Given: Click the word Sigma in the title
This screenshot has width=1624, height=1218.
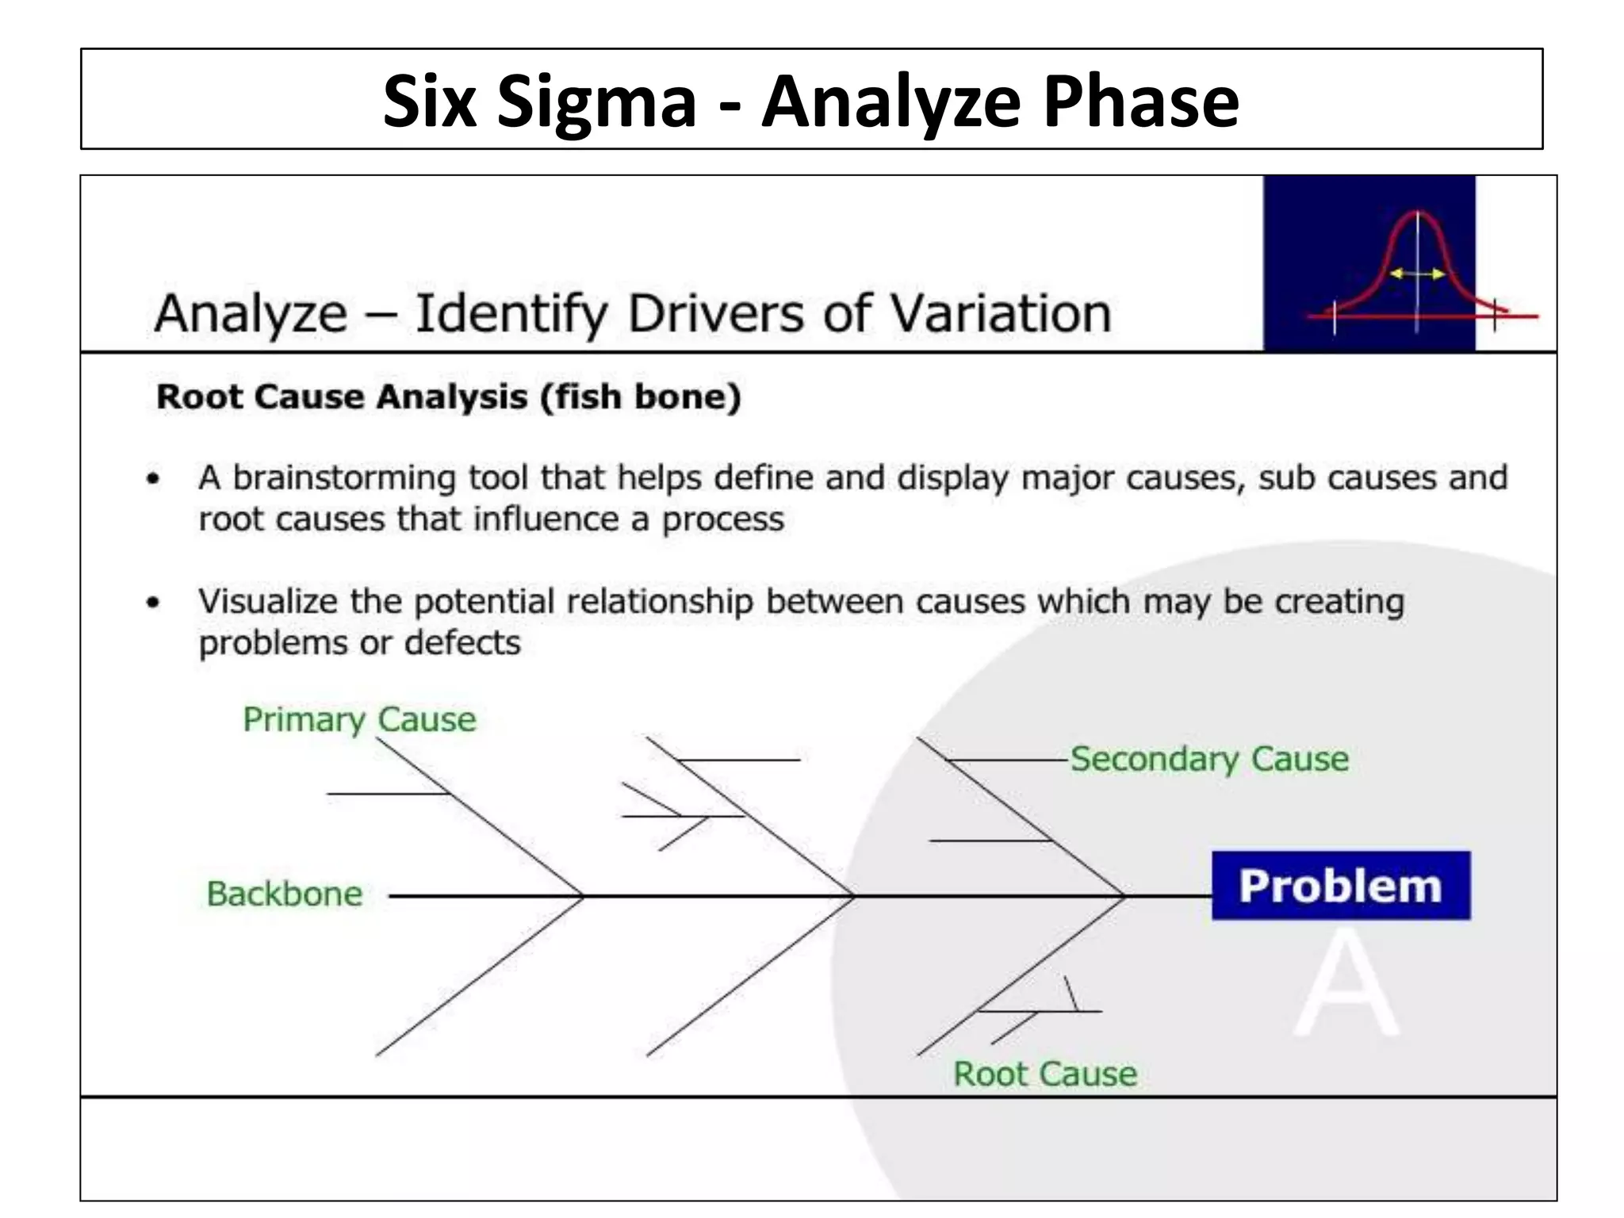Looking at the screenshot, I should point(596,101).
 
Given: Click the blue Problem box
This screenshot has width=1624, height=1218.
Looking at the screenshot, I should point(1341,886).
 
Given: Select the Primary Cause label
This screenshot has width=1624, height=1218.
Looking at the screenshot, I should point(359,719).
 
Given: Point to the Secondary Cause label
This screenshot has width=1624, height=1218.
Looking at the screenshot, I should point(1209,759).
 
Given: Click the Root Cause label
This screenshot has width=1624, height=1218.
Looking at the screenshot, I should point(1045,1074).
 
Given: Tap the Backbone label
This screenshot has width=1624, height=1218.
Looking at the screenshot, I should point(285,894).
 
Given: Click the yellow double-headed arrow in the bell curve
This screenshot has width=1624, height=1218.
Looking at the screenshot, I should point(1417,274).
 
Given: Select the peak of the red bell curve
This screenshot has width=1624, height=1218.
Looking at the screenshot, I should point(1418,213).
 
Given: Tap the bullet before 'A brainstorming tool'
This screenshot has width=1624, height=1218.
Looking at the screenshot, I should point(154,479).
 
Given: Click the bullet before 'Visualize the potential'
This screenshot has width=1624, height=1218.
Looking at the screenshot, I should point(154,603).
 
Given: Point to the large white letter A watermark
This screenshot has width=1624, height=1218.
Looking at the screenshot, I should point(1346,983).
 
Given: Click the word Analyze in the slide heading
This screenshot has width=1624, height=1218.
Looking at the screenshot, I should point(251,314).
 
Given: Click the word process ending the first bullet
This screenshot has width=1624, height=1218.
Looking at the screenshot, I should point(722,519).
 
